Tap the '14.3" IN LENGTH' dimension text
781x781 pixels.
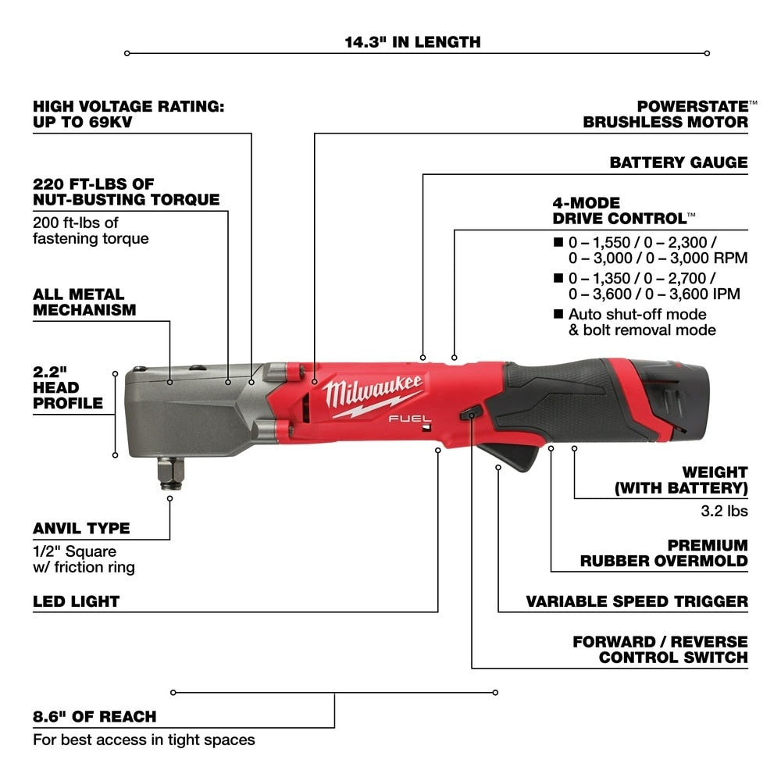tap(413, 41)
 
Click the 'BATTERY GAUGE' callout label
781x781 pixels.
tap(678, 162)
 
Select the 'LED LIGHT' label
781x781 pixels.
tap(76, 601)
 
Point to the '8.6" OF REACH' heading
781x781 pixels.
tap(94, 716)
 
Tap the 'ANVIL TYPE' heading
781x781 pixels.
tap(81, 528)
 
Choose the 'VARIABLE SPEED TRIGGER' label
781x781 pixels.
tap(637, 601)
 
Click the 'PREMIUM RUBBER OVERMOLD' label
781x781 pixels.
tap(664, 553)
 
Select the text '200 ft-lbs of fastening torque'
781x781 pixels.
tap(90, 231)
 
